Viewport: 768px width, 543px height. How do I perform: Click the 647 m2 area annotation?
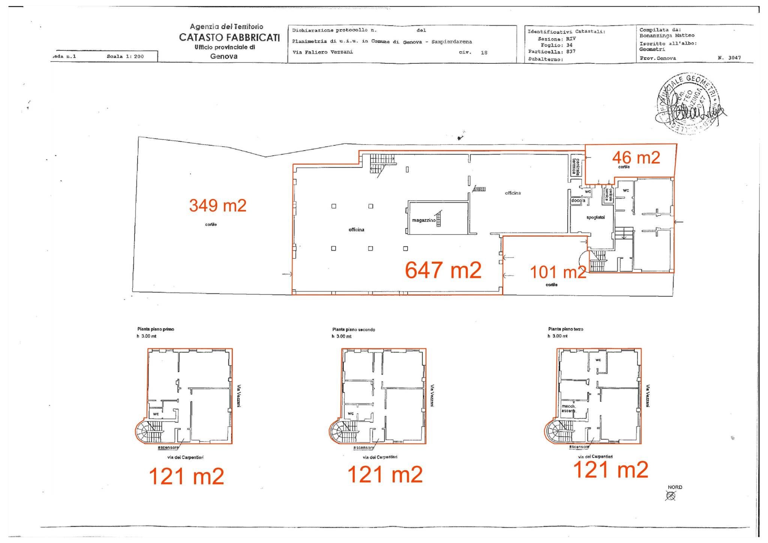pyautogui.click(x=443, y=270)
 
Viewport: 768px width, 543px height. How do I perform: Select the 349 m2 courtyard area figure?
pyautogui.click(x=217, y=205)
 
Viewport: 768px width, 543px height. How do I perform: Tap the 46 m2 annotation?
pyautogui.click(x=636, y=157)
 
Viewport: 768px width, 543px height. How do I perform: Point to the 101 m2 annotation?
pyautogui.click(x=558, y=272)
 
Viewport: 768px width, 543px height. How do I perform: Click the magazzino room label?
pyautogui.click(x=424, y=220)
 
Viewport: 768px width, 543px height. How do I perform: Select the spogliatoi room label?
pyautogui.click(x=595, y=217)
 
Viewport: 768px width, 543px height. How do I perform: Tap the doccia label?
pyautogui.click(x=578, y=201)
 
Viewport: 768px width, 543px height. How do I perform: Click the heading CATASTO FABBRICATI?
pyautogui.click(x=229, y=37)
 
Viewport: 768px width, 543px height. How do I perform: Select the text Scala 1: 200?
pyautogui.click(x=125, y=57)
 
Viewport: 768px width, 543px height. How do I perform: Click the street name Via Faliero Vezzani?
pyautogui.click(x=322, y=52)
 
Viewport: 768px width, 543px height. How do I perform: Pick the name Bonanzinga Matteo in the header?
pyautogui.click(x=667, y=36)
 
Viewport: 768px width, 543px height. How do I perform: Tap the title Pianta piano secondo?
pyautogui.click(x=353, y=330)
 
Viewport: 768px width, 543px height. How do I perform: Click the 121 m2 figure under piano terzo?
pyautogui.click(x=610, y=469)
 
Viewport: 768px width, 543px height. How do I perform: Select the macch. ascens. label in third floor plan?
pyautogui.click(x=568, y=408)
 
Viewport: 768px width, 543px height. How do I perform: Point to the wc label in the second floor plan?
pyautogui.click(x=351, y=414)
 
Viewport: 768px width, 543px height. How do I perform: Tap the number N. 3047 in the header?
pyautogui.click(x=729, y=58)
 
